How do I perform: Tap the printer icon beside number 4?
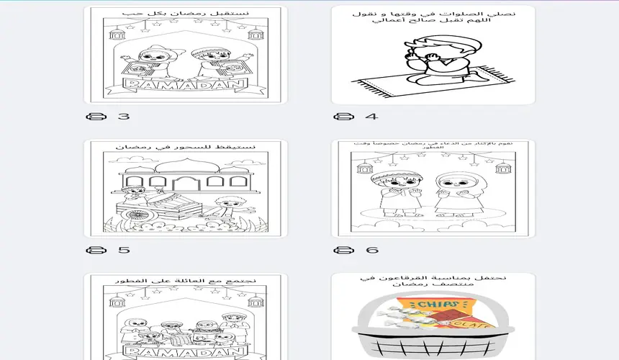344,116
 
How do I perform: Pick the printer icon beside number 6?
344,250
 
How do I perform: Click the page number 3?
124,116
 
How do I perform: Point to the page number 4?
371,116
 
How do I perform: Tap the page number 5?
124,250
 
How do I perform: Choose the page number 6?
371,250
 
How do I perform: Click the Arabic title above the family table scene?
185,280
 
